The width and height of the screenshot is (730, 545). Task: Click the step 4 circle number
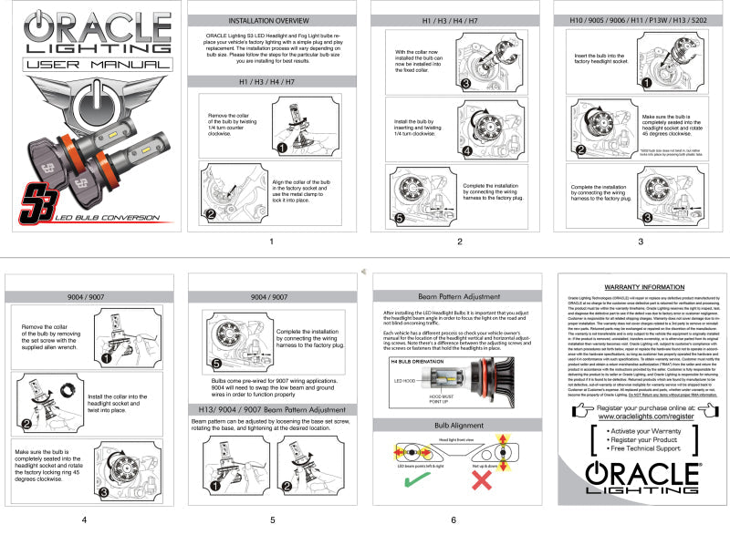465,149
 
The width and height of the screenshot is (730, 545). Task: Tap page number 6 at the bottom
454,520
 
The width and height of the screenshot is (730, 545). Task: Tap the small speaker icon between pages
364,272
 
